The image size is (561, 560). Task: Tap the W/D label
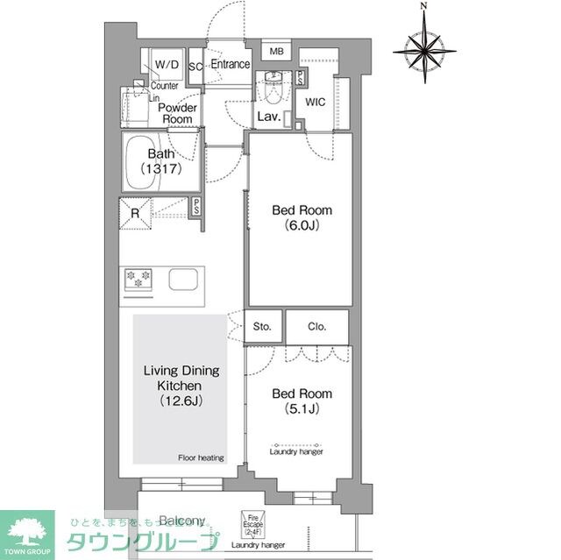tap(167, 65)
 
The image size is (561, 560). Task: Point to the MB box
tap(276, 51)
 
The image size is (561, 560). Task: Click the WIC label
tap(316, 102)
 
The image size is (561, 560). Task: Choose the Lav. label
tap(268, 117)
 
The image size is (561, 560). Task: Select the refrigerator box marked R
tap(137, 211)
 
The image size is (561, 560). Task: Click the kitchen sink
tap(183, 280)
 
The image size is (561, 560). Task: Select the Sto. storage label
tap(262, 327)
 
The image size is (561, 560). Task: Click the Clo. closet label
tap(316, 327)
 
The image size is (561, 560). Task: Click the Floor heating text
tap(201, 457)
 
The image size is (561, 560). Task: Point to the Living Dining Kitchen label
tap(181, 386)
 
